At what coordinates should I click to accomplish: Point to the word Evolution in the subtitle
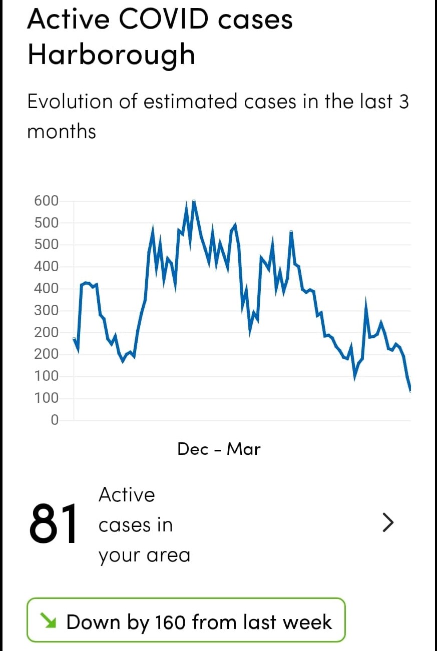[71, 102]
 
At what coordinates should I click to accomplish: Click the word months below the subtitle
[62, 132]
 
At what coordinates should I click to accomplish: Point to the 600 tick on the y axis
[46, 201]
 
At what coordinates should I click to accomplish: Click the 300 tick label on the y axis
[46, 311]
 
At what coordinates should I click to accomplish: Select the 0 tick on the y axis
[55, 420]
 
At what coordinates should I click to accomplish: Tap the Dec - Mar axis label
[219, 449]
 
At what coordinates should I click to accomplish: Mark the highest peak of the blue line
[194, 201]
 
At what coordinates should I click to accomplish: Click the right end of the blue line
[410, 390]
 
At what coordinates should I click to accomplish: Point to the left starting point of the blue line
[74, 339]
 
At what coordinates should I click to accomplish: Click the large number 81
[54, 523]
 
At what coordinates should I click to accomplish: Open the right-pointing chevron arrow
[388, 523]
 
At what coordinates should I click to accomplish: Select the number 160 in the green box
[170, 622]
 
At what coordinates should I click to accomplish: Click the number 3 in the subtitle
[403, 102]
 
